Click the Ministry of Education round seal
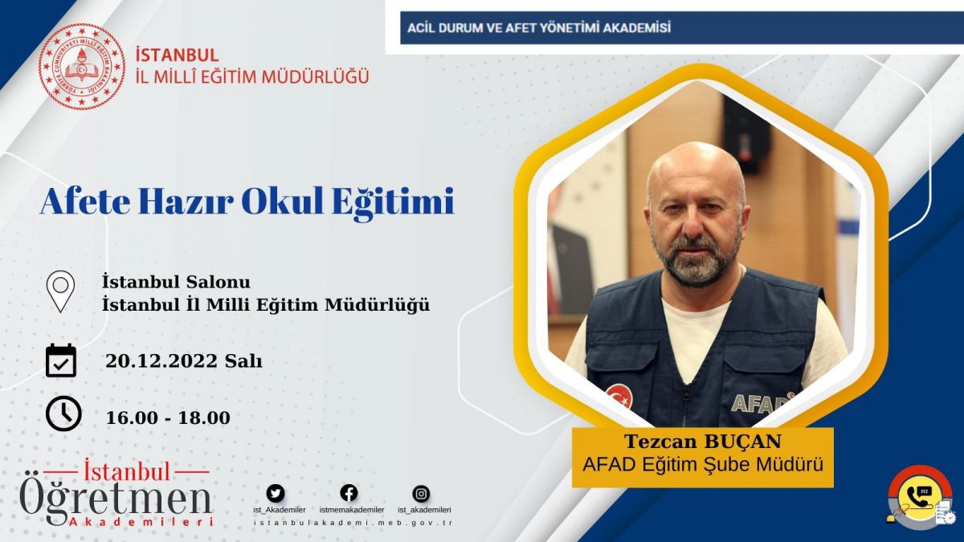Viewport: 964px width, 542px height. click(82, 66)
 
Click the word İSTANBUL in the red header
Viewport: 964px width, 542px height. click(177, 55)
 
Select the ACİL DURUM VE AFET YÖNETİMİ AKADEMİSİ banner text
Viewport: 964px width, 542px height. click(539, 28)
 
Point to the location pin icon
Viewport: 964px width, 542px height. click(60, 291)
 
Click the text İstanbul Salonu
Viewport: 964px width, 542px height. click(176, 282)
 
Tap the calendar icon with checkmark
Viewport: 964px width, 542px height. click(61, 361)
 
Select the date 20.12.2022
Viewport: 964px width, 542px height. click(161, 361)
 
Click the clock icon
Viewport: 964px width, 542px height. click(63, 414)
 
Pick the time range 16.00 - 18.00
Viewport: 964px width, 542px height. click(168, 418)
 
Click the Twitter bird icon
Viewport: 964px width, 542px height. click(276, 493)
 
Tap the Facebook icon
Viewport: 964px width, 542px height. click(349, 493)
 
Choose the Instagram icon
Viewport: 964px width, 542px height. click(421, 494)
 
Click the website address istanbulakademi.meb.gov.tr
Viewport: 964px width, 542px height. click(353, 523)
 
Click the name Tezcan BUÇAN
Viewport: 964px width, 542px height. click(703, 442)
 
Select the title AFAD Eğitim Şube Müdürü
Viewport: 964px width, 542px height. click(703, 465)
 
